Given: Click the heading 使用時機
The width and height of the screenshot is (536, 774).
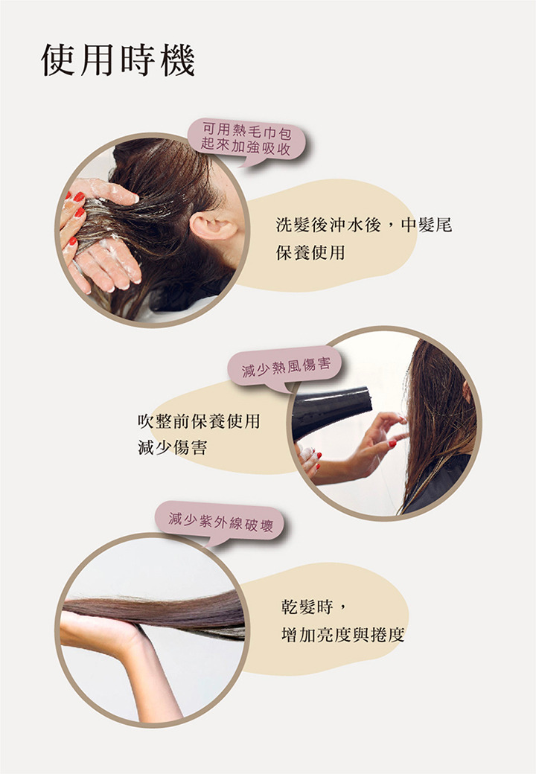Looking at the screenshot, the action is pyautogui.click(x=118, y=60).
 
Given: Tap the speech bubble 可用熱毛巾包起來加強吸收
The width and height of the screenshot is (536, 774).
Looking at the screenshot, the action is pyautogui.click(x=246, y=141).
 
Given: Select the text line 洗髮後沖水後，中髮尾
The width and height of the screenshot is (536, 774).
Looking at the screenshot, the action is pyautogui.click(x=364, y=225).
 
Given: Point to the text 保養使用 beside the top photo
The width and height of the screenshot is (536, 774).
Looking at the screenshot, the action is pyautogui.click(x=310, y=253).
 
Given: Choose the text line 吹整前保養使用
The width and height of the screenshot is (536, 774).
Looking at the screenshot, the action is pyautogui.click(x=199, y=420).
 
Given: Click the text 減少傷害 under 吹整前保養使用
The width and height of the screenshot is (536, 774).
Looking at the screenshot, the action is pyautogui.click(x=172, y=448).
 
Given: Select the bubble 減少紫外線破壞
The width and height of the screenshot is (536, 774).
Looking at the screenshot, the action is pyautogui.click(x=220, y=522).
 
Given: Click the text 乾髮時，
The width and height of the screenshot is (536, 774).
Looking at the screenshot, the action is pyautogui.click(x=315, y=607).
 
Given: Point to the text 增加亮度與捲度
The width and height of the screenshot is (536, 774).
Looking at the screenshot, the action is pyautogui.click(x=342, y=635).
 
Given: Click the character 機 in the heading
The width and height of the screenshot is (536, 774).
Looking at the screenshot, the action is pyautogui.click(x=178, y=60).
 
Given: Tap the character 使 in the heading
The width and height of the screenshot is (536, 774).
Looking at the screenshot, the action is pyautogui.click(x=58, y=60).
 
